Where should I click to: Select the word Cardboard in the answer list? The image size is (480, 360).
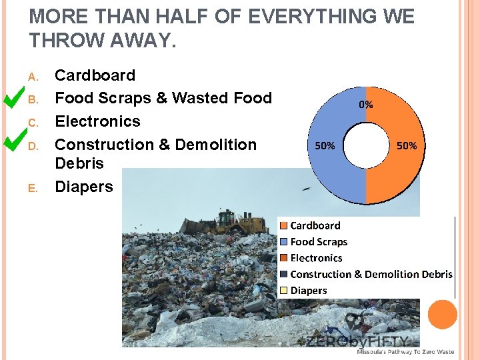[95, 75]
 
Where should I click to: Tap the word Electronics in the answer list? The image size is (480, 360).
[97, 121]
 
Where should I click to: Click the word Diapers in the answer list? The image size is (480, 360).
[84, 187]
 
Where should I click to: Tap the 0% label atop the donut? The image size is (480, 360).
[366, 105]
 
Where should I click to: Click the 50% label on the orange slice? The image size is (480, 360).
[406, 145]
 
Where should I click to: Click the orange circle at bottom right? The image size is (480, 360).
[443, 314]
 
